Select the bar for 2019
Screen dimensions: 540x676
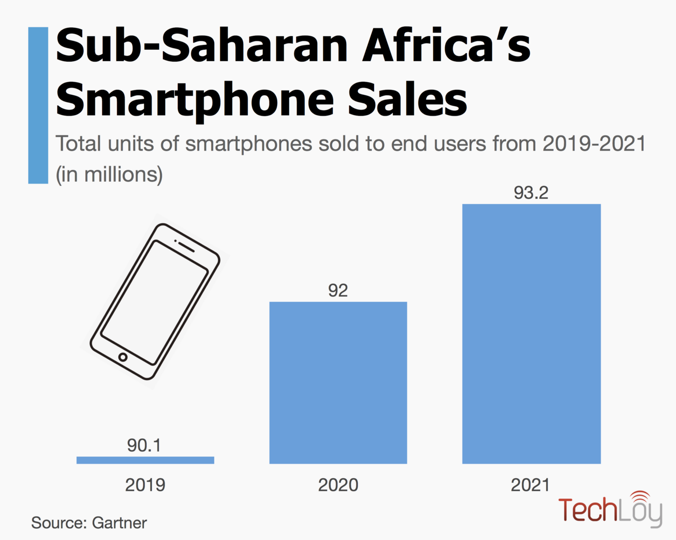pyautogui.click(x=145, y=460)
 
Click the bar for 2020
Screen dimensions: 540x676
pyautogui.click(x=338, y=383)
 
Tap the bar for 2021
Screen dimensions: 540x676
pyautogui.click(x=531, y=334)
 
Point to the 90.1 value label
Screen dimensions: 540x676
pyautogui.click(x=144, y=445)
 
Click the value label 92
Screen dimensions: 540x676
pyautogui.click(x=338, y=290)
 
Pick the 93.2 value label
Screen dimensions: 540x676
pyautogui.click(x=531, y=193)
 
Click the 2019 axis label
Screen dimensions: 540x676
pyautogui.click(x=145, y=485)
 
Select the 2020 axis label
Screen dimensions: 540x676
pyautogui.click(x=338, y=485)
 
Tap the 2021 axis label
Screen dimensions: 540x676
pyautogui.click(x=530, y=485)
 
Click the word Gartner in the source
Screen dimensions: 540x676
pyautogui.click(x=119, y=523)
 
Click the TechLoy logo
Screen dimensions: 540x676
pyautogui.click(x=610, y=510)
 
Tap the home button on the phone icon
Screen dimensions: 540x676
pyautogui.click(x=123, y=357)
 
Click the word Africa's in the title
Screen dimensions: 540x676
pyautogui.click(x=446, y=45)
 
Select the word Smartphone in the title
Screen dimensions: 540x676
pyautogui.click(x=195, y=100)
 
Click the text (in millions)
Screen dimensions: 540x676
pyautogui.click(x=109, y=174)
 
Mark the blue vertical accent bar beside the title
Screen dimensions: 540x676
pyautogui.click(x=38, y=105)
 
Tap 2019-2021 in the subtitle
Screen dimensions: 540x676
pyautogui.click(x=594, y=144)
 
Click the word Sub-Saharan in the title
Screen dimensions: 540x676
pyautogui.click(x=202, y=45)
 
